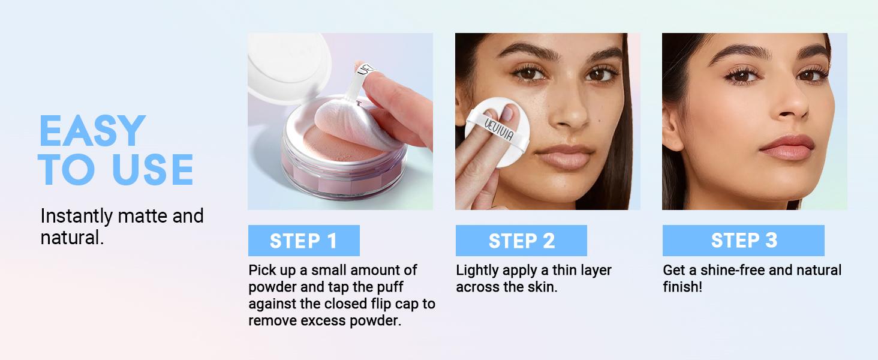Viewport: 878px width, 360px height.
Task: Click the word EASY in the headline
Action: [x=92, y=131]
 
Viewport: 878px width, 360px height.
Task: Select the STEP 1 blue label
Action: [x=303, y=241]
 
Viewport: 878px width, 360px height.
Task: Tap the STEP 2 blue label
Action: [x=521, y=241]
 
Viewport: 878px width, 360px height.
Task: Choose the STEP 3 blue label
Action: [x=743, y=241]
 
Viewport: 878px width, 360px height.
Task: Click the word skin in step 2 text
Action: [x=542, y=287]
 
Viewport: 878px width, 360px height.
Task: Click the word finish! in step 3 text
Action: [x=682, y=287]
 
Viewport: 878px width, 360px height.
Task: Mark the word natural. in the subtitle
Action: [x=73, y=238]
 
